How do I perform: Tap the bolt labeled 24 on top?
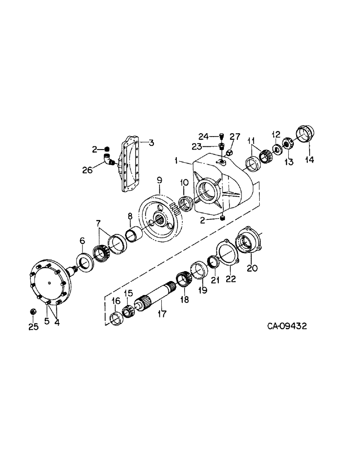(x=222, y=136)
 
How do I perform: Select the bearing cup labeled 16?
(x=115, y=319)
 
